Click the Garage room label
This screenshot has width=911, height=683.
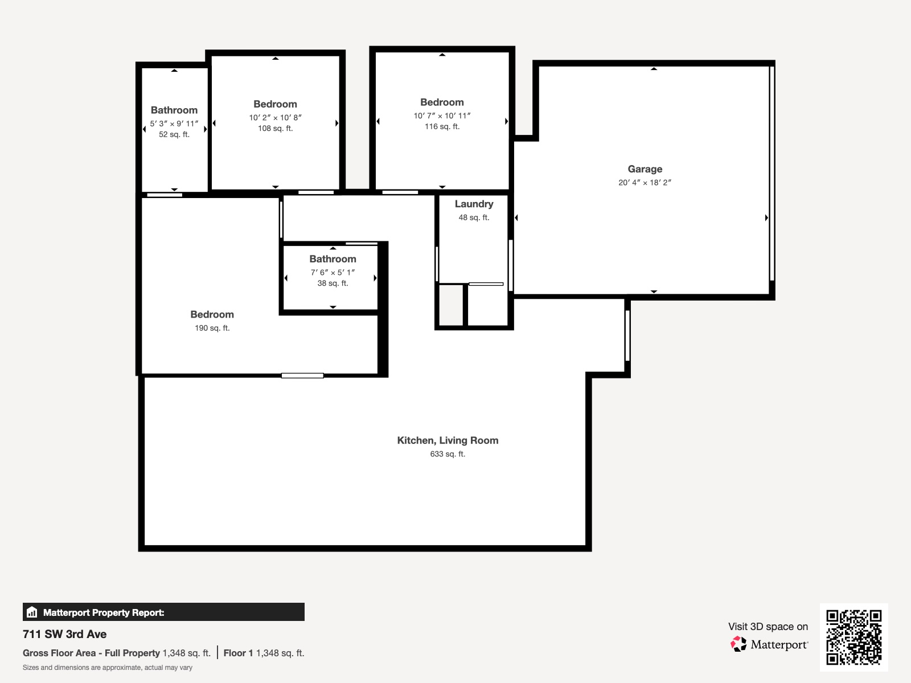pos(645,169)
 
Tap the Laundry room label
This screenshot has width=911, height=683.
pos(474,204)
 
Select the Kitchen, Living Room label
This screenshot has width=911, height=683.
pos(448,441)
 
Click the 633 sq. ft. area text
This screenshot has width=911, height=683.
pos(448,454)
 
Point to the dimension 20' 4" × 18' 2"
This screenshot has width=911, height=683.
pos(645,183)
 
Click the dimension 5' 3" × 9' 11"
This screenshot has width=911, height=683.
pos(174,124)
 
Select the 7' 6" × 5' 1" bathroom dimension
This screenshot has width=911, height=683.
pos(333,273)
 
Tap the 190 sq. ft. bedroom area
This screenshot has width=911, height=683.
pos(212,328)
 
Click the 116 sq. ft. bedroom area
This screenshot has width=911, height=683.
pos(442,127)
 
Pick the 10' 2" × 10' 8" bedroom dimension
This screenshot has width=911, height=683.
pos(275,118)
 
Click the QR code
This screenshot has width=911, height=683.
pos(853,637)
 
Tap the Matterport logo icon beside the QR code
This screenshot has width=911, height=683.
pos(738,644)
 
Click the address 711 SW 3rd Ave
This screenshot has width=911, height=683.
pos(64,634)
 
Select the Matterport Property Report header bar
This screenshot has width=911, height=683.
pos(163,612)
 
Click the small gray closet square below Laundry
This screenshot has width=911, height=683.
pos(451,305)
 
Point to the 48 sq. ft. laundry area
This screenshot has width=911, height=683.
pos(474,217)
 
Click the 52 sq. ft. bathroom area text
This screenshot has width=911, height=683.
pos(174,135)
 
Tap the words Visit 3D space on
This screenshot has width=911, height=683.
pos(768,627)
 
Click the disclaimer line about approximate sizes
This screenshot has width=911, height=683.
pos(108,668)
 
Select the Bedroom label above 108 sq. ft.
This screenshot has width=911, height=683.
pos(275,104)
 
